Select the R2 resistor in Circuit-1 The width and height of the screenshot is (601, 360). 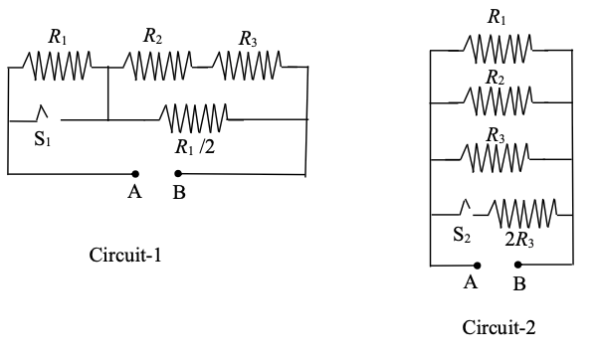pos(153,67)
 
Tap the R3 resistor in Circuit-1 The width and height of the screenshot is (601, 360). pos(245,67)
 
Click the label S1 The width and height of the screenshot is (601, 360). pos(42,140)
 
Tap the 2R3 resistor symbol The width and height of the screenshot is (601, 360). pos(519,212)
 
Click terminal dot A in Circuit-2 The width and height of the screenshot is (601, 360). pos(477,266)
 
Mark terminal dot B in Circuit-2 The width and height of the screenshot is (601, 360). pos(517,266)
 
